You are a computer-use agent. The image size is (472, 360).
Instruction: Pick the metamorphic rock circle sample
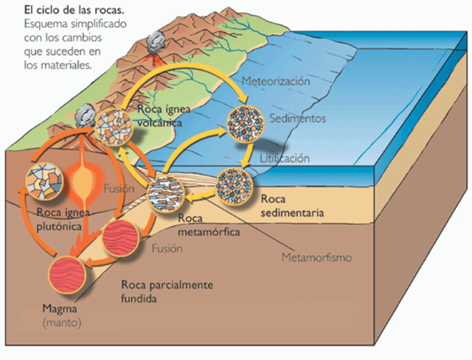click(x=166, y=190)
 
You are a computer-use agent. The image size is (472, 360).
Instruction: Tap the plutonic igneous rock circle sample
click(x=44, y=182)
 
